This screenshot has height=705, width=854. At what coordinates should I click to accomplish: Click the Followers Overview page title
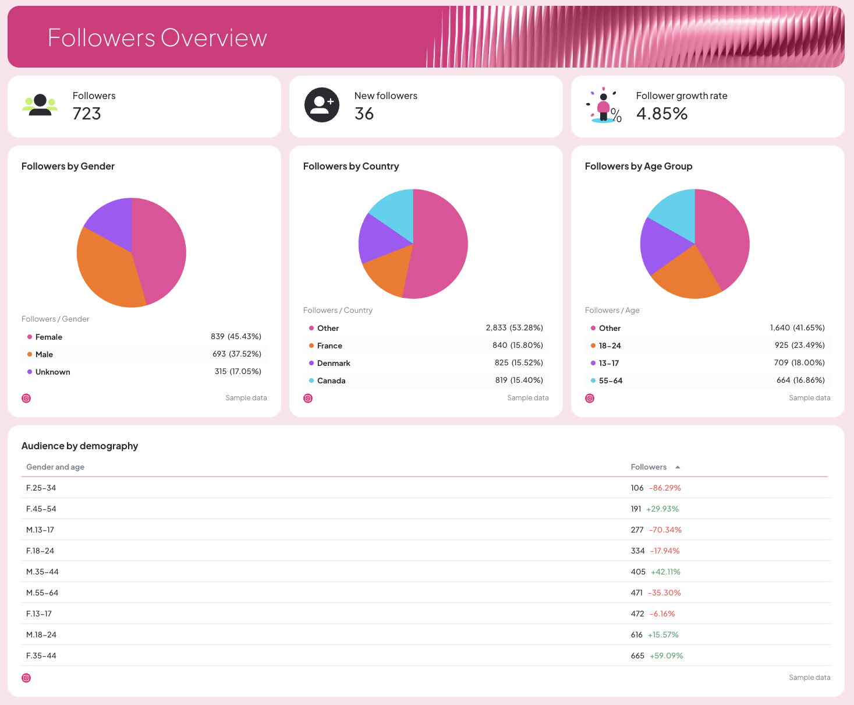(157, 38)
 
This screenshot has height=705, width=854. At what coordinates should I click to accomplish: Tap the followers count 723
(87, 114)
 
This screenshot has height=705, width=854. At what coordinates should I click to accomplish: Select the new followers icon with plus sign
(322, 105)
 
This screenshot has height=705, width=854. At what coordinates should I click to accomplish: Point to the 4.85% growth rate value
(662, 114)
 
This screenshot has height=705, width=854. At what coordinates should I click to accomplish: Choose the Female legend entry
(49, 337)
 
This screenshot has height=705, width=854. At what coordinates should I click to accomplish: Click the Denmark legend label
(334, 363)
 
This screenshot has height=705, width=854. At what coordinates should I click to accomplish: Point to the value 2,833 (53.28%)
(514, 328)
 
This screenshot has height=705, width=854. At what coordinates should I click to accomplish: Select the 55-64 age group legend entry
(610, 380)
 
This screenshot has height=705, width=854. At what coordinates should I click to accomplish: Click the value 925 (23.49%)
(799, 346)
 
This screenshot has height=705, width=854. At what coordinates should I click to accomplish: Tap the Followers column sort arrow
(678, 467)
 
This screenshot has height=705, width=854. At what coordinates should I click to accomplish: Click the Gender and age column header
(55, 467)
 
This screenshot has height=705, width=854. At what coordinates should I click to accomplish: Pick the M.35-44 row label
(42, 572)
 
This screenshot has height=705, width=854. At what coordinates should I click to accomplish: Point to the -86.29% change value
(665, 488)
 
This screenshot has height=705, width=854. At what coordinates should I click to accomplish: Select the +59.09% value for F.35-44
(666, 656)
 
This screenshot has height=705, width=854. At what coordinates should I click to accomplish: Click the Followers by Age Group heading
(639, 167)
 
